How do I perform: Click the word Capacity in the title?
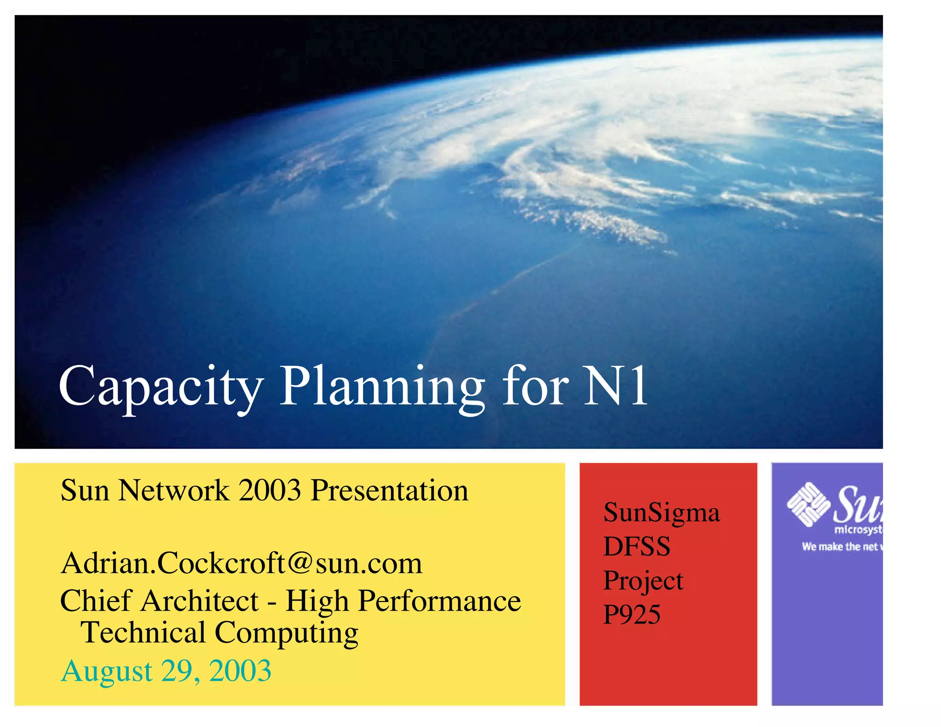click(x=161, y=387)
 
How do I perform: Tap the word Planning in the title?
click(x=382, y=387)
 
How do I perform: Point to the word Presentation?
click(x=390, y=490)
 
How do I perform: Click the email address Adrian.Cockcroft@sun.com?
click(x=241, y=563)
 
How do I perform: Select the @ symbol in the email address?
click(x=300, y=563)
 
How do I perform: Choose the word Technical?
click(x=143, y=633)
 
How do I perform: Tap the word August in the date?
click(x=107, y=671)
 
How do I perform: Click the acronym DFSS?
click(x=636, y=546)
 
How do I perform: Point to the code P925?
click(x=631, y=614)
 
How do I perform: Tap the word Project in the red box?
click(x=643, y=581)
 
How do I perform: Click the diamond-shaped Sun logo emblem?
click(x=808, y=504)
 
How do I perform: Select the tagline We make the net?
click(x=840, y=547)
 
